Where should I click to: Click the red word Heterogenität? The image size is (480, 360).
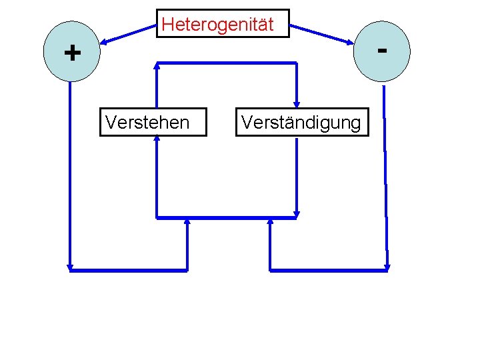pyautogui.click(x=217, y=25)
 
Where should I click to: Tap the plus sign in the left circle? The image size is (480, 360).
pyautogui.click(x=72, y=52)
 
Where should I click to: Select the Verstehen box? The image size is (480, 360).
pyautogui.click(x=153, y=122)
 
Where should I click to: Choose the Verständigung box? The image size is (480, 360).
pyautogui.click(x=301, y=122)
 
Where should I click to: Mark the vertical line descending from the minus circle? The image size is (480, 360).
pyautogui.click(x=385, y=173)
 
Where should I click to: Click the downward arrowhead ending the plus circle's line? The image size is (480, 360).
pyautogui.click(x=70, y=267)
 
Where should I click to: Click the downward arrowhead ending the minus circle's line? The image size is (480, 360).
pyautogui.click(x=387, y=267)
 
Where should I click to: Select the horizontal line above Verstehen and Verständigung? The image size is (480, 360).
pyautogui.click(x=227, y=63)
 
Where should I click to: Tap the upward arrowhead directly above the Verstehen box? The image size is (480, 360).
pyautogui.click(x=157, y=66)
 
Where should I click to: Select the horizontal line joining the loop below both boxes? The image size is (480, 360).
pyautogui.click(x=227, y=217)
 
